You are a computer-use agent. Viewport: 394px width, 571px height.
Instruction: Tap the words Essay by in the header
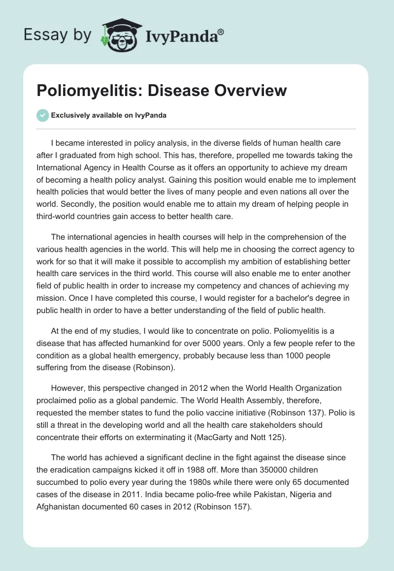pos(57,35)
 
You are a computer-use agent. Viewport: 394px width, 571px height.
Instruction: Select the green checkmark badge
pos(43,115)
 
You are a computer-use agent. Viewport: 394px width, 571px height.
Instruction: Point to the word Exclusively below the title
pos(71,115)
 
